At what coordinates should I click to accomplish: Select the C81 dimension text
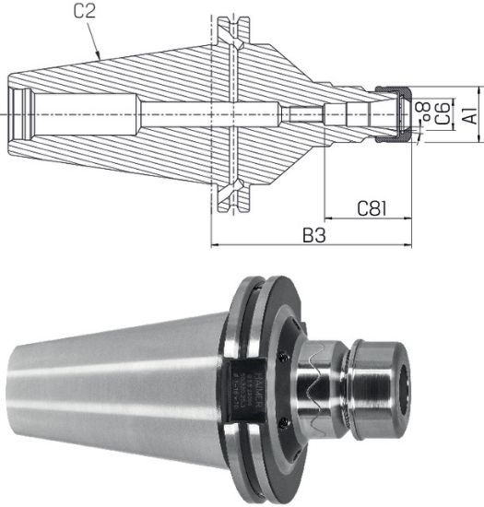372,210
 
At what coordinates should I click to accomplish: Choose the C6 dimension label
443,113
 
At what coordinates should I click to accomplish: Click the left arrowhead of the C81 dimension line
326,220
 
